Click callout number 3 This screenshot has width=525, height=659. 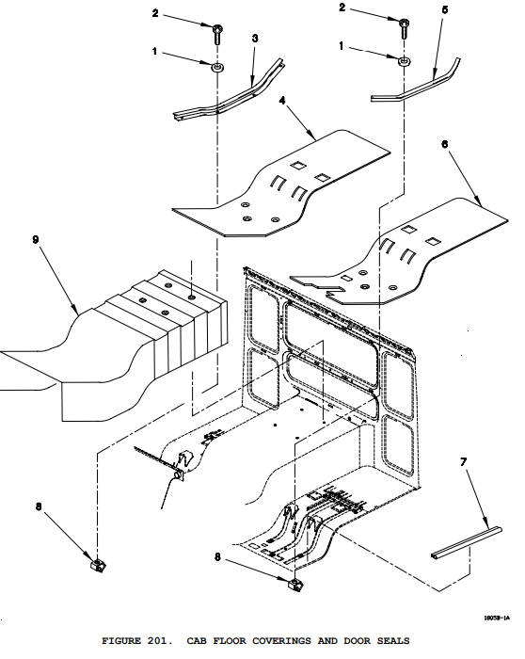pos(255,39)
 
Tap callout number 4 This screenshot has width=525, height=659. pos(282,100)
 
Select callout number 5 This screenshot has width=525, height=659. pos(445,9)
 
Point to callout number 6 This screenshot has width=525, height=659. pos(445,144)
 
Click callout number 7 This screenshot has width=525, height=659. pos(463,462)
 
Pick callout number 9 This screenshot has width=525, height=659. pos(36,239)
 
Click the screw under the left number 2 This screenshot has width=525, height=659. pos(217,35)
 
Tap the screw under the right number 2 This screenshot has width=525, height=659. pos(404,28)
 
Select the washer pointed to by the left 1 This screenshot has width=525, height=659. pos(217,67)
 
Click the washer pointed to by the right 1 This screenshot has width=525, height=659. pos(404,62)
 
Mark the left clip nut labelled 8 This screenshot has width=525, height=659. pos(98,564)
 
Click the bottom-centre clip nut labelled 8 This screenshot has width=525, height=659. pos(294,585)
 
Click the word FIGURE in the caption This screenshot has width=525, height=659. pos(121,641)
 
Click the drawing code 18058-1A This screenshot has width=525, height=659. pos(497,618)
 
